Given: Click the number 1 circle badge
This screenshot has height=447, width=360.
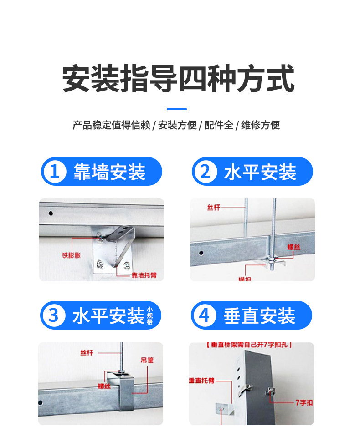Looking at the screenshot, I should pos(55,172).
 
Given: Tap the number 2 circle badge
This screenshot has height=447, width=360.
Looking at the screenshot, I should pos(206,172).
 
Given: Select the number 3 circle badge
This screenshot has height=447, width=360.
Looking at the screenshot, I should pos(54,315).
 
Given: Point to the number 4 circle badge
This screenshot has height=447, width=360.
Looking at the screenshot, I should pos(205,315).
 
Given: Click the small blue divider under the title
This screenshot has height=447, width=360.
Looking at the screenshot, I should pos(177,109).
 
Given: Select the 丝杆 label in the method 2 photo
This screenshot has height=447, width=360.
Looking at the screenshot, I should pos(214,208).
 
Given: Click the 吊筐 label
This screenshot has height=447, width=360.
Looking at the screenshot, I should pos(147,360).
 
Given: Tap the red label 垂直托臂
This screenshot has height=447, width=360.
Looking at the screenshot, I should pos(201,380).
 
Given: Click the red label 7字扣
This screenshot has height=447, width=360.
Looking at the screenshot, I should pos(303,402).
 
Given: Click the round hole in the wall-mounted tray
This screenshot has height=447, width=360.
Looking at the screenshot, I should pos(51,213).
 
